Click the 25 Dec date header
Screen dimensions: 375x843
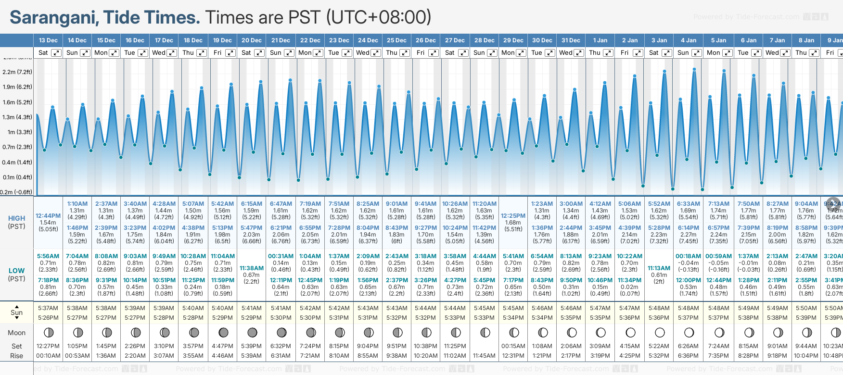click(397, 40)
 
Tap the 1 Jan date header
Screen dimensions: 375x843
click(600, 40)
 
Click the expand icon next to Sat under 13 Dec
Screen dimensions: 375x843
click(56, 53)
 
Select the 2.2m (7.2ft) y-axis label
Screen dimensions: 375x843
click(17, 72)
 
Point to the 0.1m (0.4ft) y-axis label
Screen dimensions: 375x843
click(17, 177)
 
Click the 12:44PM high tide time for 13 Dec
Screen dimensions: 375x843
click(48, 216)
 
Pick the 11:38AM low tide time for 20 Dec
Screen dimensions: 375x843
click(252, 268)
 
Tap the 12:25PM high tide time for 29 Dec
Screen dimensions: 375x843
click(513, 216)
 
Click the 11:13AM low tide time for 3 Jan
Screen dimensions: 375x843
click(659, 268)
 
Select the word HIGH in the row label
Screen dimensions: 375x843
click(17, 218)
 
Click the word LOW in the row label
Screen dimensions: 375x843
click(17, 271)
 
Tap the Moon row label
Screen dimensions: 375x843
click(17, 333)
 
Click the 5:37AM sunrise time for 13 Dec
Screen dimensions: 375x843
click(48, 308)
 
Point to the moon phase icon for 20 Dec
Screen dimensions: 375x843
click(252, 332)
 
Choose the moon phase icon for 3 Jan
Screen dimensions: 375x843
click(660, 332)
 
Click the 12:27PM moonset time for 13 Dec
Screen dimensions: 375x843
click(48, 346)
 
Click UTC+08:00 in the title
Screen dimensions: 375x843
click(379, 18)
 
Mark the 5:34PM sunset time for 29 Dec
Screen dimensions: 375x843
click(513, 318)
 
